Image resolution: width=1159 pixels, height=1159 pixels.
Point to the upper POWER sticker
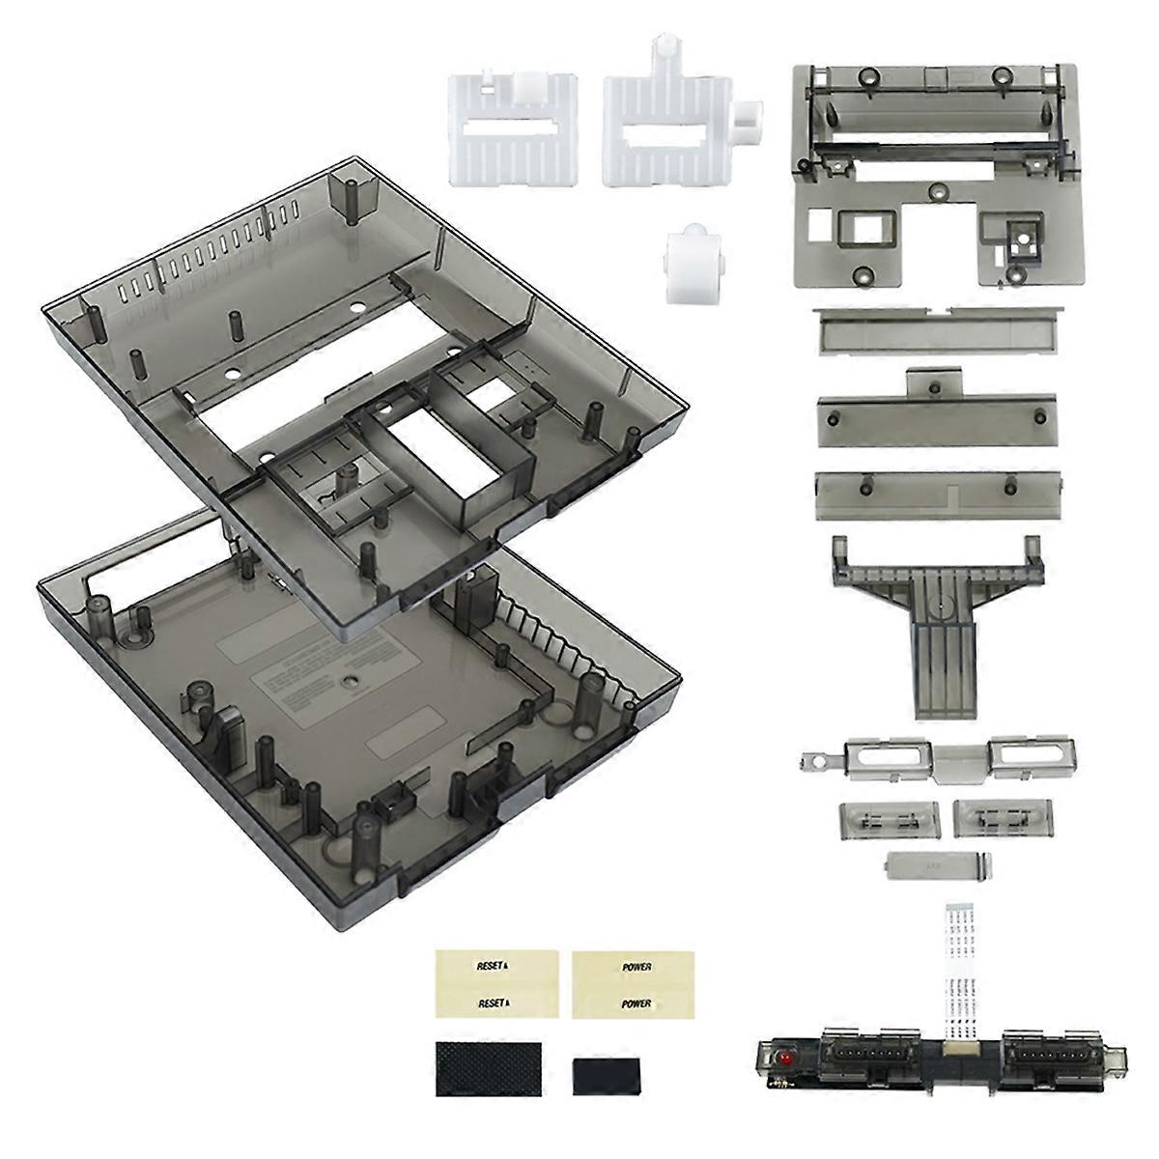631,966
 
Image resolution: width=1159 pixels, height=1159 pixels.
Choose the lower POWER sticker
631,1004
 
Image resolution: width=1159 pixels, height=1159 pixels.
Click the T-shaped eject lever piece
937,618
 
